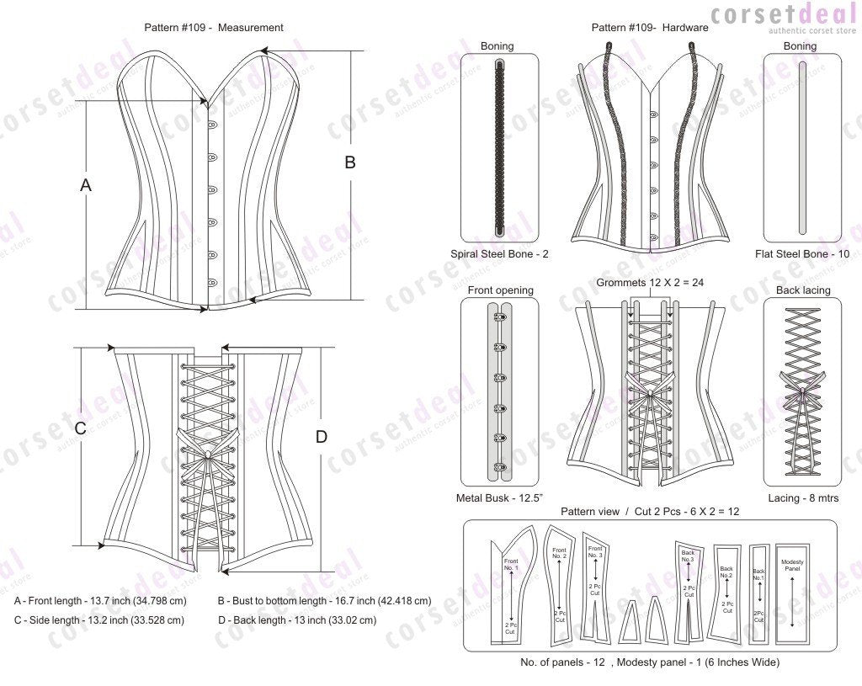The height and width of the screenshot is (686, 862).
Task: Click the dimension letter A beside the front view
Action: click(85, 185)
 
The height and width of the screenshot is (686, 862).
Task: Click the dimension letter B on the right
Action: click(350, 163)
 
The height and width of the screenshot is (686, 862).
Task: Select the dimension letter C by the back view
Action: click(81, 428)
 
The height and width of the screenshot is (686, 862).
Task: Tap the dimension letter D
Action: click(321, 437)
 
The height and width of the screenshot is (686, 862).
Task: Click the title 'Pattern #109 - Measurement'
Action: click(214, 28)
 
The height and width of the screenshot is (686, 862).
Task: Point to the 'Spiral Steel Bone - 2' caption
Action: click(500, 253)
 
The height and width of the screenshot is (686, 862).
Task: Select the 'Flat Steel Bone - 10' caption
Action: click(802, 253)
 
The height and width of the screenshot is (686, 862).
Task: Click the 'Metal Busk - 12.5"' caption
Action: click(500, 498)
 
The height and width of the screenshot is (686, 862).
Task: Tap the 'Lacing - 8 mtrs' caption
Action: click(801, 498)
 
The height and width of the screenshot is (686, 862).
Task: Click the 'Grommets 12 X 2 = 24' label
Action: click(650, 283)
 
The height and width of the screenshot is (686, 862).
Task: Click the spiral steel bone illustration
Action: click(500, 147)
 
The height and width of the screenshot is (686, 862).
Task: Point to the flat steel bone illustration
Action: click(801, 147)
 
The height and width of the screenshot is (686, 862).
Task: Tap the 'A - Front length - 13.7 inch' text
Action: click(100, 602)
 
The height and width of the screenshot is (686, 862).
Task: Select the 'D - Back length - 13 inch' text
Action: click(296, 620)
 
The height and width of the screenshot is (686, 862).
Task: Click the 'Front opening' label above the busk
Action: click(500, 290)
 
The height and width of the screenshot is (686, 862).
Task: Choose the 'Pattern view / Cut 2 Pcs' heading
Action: click(650, 512)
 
